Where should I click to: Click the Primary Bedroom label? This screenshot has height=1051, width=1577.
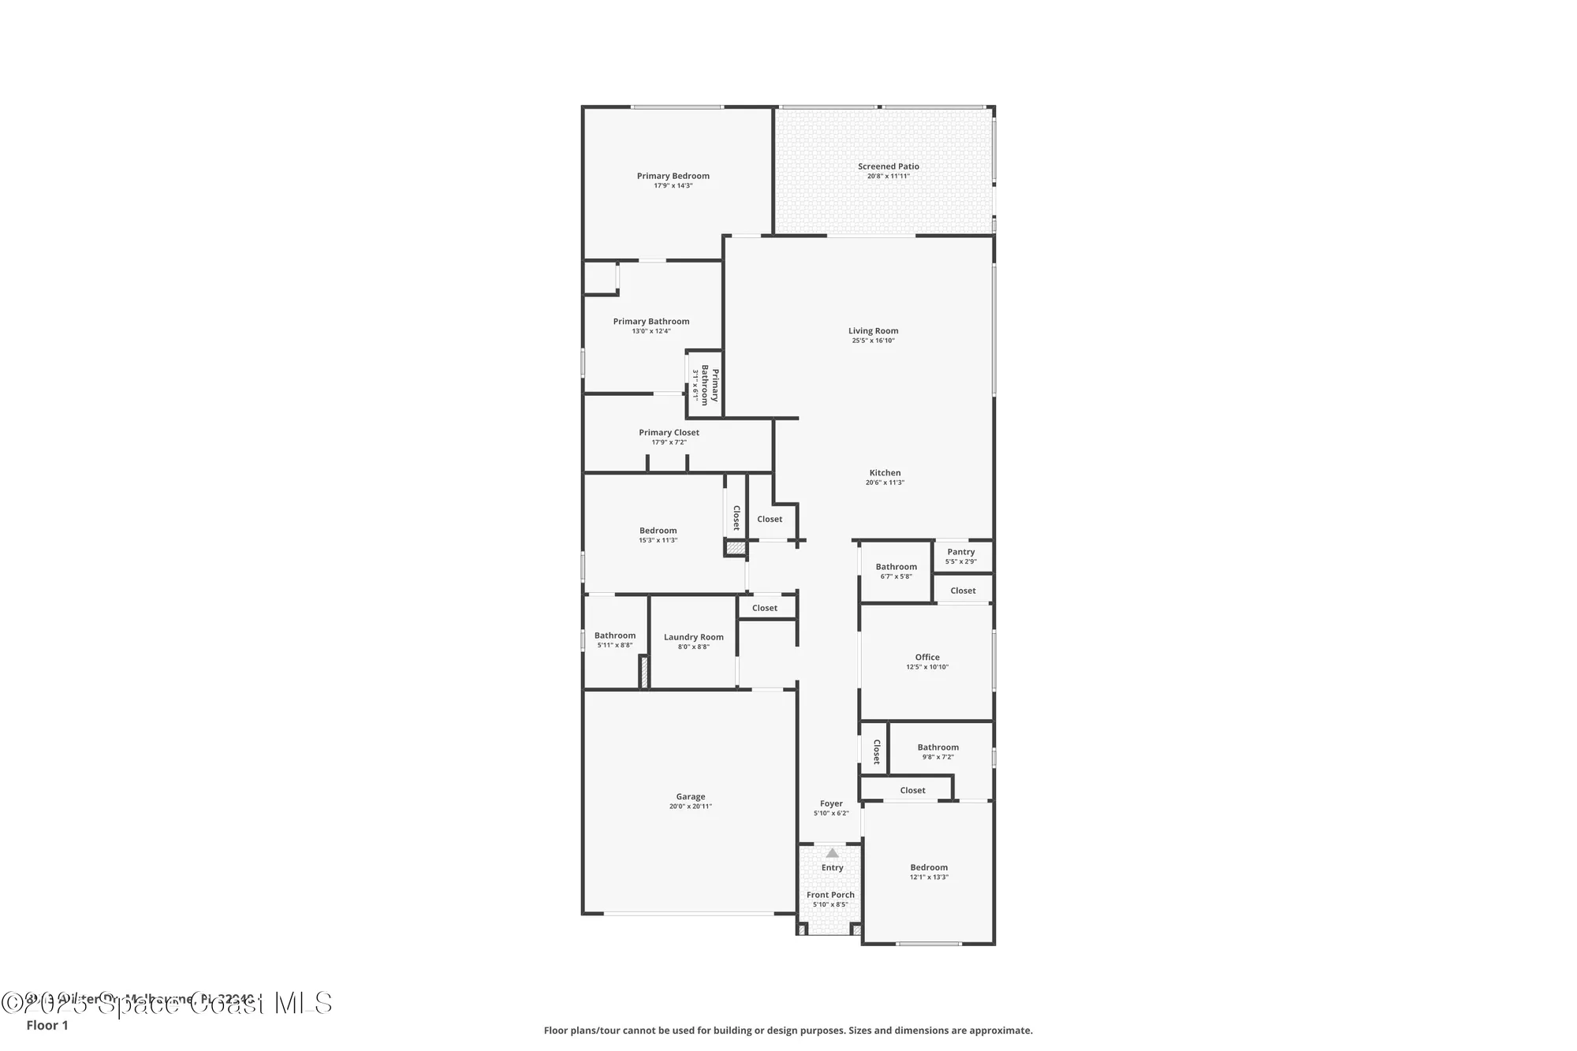tap(673, 176)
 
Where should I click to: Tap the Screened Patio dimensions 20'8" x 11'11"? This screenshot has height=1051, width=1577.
tap(888, 177)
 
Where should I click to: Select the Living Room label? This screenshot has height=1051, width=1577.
tap(873, 331)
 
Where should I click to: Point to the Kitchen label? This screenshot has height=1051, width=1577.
tap(885, 473)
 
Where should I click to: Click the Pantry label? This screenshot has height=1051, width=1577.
tap(960, 552)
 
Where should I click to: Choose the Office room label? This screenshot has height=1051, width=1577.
tap(927, 657)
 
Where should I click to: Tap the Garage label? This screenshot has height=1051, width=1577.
tap(690, 796)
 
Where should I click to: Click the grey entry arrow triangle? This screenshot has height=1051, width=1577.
tap(832, 853)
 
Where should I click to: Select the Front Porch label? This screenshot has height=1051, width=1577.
tap(830, 895)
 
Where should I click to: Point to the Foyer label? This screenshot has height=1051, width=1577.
tap(831, 803)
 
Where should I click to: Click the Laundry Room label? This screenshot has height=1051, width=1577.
tap(693, 637)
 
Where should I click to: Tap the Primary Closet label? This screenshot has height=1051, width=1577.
tap(669, 432)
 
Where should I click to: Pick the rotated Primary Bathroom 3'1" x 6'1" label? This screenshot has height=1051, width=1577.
tap(705, 384)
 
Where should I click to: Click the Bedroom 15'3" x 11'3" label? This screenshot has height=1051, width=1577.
tap(658, 531)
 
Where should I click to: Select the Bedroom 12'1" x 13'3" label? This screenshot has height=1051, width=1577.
tap(929, 867)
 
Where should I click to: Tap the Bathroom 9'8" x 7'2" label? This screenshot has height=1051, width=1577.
tap(938, 747)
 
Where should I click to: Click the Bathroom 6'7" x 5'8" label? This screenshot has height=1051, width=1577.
tap(896, 567)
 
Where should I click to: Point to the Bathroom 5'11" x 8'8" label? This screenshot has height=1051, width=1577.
tap(614, 635)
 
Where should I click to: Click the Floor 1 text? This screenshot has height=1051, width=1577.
tap(47, 1026)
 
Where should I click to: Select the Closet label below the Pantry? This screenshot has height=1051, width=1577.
tap(963, 591)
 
